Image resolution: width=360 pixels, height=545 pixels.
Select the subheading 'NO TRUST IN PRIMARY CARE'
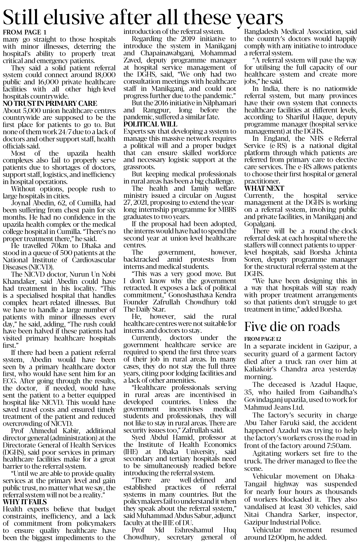(x=50, y=103)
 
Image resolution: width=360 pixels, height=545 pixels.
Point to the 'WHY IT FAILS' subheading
(x=25, y=502)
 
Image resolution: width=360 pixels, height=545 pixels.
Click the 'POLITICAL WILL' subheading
(x=150, y=125)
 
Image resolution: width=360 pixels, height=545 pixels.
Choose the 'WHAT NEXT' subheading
(x=264, y=188)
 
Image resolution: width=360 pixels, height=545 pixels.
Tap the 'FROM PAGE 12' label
(x=262, y=339)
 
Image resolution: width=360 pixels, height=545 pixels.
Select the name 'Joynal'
(x=21, y=203)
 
